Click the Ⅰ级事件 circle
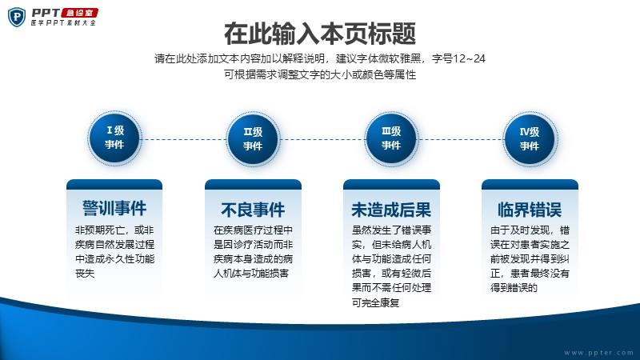[x=114, y=138]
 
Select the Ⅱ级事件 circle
[x=253, y=139]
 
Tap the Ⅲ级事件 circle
[x=391, y=138]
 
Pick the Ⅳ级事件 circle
[x=530, y=139]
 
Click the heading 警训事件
[x=114, y=208]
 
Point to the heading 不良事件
[x=253, y=210]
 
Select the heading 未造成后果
[x=391, y=210]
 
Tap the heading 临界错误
[x=530, y=210]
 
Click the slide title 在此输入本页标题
[x=320, y=34]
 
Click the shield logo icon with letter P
[x=17, y=17]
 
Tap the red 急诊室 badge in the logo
[x=79, y=13]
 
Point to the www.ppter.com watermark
[x=598, y=352]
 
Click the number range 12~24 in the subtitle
[x=469, y=58]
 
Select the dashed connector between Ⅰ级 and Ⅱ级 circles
[x=184, y=139]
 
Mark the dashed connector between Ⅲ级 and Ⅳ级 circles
[x=461, y=139]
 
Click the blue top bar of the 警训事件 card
[x=114, y=185]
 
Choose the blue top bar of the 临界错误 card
[x=530, y=185]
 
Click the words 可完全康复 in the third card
[x=375, y=302]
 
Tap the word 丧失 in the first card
[x=85, y=274]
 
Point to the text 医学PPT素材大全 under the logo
[x=63, y=23]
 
